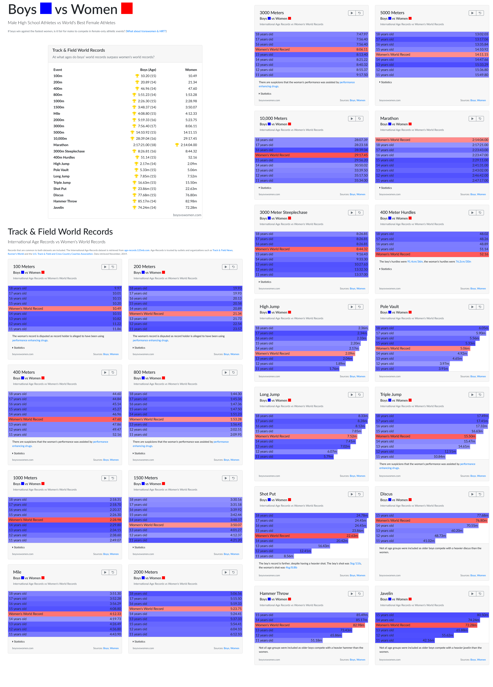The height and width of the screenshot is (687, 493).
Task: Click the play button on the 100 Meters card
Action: tap(105, 267)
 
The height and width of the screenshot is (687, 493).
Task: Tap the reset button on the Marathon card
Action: tap(480, 119)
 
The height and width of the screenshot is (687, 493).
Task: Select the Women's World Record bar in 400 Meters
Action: tap(65, 419)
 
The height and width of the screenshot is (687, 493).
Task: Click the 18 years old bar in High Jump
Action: tap(311, 328)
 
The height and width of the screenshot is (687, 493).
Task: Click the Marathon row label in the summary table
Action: tap(61, 145)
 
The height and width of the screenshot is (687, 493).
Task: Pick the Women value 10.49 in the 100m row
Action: tap(192, 76)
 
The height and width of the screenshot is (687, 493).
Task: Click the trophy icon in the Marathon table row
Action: tap(177, 145)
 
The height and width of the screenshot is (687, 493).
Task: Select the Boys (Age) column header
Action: tap(148, 70)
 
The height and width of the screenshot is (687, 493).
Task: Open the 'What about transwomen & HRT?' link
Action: tap(146, 31)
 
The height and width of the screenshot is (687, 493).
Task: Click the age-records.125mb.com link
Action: tap(137, 250)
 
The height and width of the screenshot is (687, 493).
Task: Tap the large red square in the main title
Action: tap(127, 8)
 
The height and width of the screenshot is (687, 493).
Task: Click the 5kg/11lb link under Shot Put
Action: tap(355, 563)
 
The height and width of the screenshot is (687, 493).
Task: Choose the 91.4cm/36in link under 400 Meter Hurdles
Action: tap(415, 261)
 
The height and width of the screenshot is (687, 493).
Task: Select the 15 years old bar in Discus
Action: tap(432, 515)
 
